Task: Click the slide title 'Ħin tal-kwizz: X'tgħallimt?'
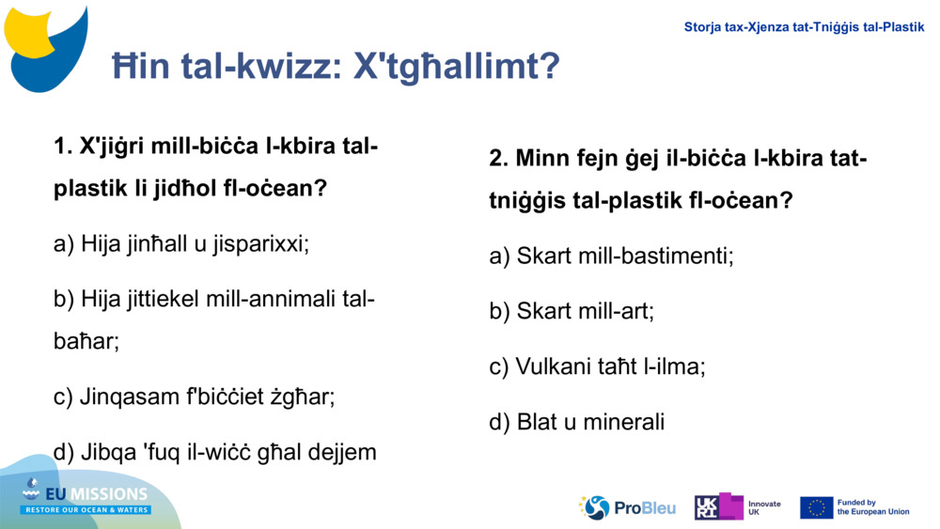tap(336, 67)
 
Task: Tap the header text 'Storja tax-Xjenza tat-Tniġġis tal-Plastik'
tap(804, 27)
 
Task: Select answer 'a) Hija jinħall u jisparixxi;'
tap(181, 244)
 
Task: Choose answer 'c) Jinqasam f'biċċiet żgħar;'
tap(195, 397)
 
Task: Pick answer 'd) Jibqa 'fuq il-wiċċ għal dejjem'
tap(215, 452)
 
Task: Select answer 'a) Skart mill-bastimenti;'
tap(611, 256)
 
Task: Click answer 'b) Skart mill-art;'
tap(572, 311)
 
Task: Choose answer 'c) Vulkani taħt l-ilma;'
tap(597, 366)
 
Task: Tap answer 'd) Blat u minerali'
tap(577, 422)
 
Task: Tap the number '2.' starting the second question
tap(498, 158)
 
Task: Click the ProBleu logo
tap(627, 507)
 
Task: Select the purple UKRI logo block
tap(719, 507)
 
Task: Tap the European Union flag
tap(816, 507)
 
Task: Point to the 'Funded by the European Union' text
tap(873, 507)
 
